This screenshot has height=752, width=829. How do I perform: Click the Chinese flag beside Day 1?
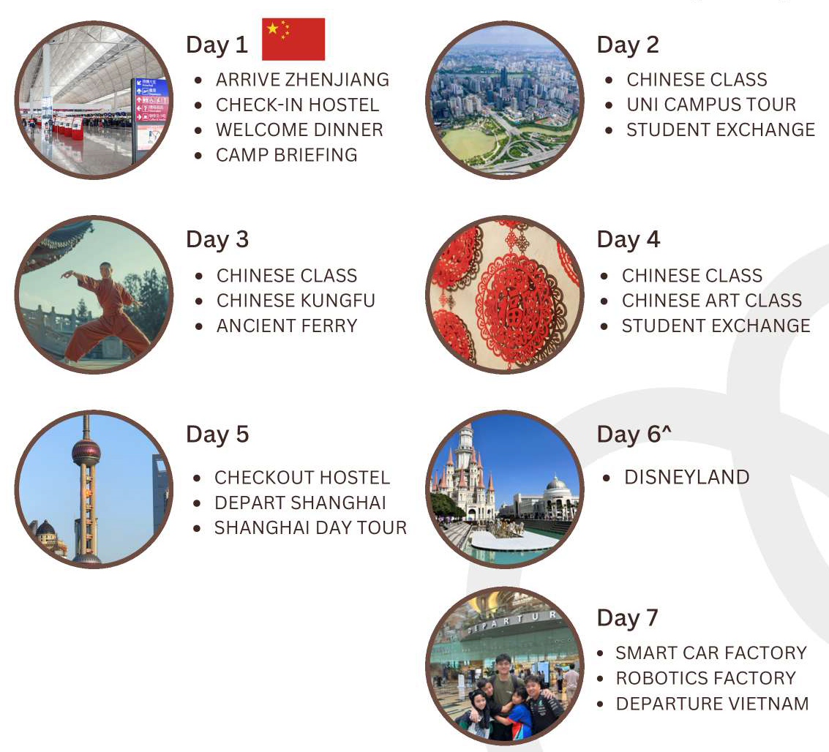[293, 39]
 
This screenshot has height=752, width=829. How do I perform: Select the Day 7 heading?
[628, 619]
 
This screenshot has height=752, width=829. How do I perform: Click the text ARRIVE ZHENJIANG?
[302, 80]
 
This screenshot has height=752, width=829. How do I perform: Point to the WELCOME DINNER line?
[299, 130]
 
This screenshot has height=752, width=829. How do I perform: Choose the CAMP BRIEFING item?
[287, 155]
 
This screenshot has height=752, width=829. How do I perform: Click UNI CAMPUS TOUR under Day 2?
[711, 105]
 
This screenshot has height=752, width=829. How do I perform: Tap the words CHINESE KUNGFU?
[296, 301]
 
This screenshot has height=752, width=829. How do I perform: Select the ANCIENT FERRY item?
[287, 326]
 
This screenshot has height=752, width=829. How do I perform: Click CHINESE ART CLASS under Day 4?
[712, 301]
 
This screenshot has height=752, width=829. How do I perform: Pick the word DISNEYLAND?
[687, 477]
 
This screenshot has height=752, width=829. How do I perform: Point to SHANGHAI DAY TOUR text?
[310, 527]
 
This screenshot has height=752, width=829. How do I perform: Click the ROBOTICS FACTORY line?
[706, 678]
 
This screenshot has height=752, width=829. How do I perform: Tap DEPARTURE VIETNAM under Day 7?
[712, 704]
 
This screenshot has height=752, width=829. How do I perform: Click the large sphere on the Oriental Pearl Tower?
[86, 454]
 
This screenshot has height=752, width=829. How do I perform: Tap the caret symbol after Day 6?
[667, 430]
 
